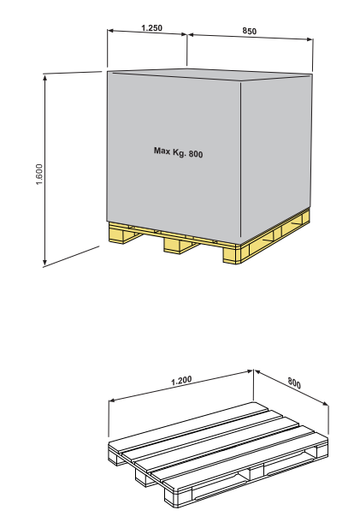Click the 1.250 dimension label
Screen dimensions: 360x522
pyautogui.click(x=151, y=27)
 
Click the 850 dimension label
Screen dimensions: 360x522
pyautogui.click(x=249, y=31)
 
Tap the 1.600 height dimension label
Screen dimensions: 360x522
pyautogui.click(x=39, y=174)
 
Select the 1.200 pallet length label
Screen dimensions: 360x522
pyautogui.click(x=181, y=381)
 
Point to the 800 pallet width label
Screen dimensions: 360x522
pyautogui.click(x=294, y=383)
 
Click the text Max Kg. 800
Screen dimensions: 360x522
pyautogui.click(x=179, y=152)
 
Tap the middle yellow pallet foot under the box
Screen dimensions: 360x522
pyautogui.click(x=180, y=246)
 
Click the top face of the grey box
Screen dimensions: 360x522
pyautogui.click(x=210, y=74)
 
